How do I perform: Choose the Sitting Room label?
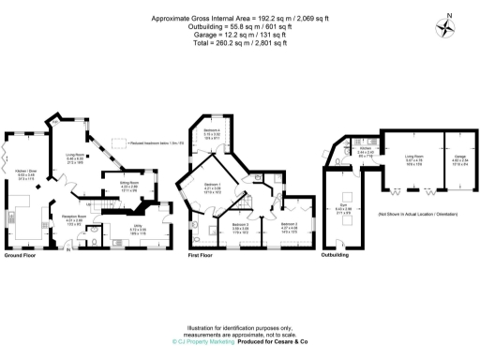click(129, 185)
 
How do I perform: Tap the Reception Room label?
click(74, 218)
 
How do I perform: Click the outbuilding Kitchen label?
click(367, 149)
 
